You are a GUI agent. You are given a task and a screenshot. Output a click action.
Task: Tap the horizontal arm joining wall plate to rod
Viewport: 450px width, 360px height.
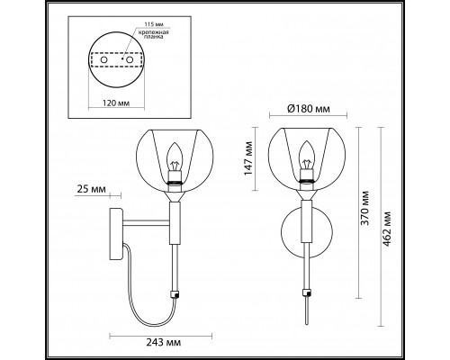click(144, 220)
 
